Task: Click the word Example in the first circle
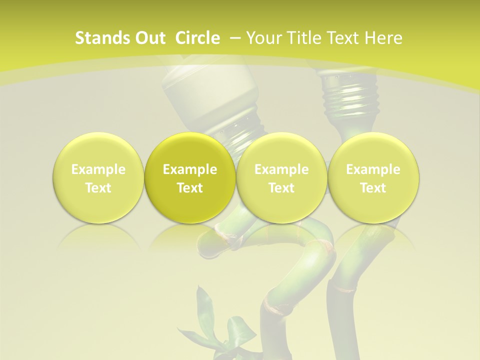pyautogui.click(x=98, y=169)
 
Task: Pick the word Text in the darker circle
pyautogui.click(x=190, y=188)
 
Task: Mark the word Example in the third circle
pyautogui.click(x=281, y=169)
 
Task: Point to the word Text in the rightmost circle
pyautogui.click(x=373, y=188)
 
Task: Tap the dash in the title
pyautogui.click(x=236, y=38)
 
